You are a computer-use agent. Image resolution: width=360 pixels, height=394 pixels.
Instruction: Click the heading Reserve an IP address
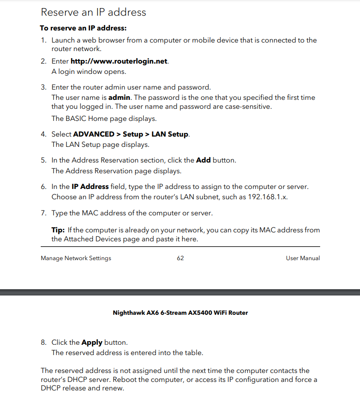[93, 12]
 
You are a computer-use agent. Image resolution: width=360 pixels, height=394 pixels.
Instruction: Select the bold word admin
[119, 98]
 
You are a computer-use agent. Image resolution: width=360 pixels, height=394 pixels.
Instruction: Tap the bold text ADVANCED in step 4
[94, 134]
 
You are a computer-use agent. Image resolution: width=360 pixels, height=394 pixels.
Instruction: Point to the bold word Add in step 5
[203, 160]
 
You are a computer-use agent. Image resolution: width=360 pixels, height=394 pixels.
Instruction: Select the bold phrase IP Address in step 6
[90, 186]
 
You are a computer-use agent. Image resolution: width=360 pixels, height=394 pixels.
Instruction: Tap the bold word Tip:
[58, 230]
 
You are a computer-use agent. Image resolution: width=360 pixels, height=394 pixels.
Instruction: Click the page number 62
[180, 258]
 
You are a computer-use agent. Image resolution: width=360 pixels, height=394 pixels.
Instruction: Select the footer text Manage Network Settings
[76, 258]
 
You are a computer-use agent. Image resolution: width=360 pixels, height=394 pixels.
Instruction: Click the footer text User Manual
[303, 258]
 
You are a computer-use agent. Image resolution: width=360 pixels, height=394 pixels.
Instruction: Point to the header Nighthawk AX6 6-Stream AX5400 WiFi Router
[180, 313]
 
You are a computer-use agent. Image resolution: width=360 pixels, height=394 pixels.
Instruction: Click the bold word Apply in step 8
[92, 343]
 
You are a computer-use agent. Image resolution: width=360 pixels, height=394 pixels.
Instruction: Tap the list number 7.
[43, 213]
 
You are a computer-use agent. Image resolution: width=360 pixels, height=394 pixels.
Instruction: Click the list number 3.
[43, 87]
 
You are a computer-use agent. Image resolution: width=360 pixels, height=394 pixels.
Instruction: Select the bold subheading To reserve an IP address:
[83, 28]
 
